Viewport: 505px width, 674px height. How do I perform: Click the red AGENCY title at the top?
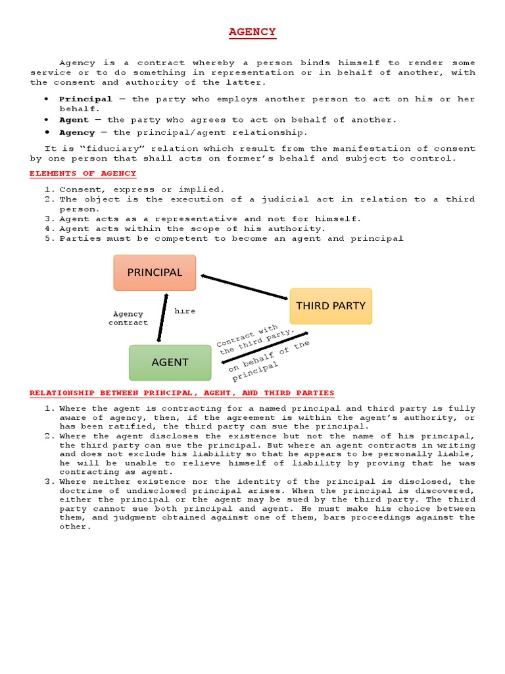pyautogui.click(x=252, y=32)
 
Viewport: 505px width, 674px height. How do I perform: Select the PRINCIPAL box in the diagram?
pyautogui.click(x=155, y=272)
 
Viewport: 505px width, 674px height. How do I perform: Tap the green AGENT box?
pyautogui.click(x=170, y=362)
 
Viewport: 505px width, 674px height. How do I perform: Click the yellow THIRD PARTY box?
pyautogui.click(x=330, y=306)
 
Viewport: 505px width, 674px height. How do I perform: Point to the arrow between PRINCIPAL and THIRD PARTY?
pyautogui.click(x=245, y=288)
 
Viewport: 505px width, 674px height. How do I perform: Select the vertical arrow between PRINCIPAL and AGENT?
pyautogui.click(x=162, y=318)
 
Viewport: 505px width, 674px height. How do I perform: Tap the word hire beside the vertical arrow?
pyautogui.click(x=185, y=311)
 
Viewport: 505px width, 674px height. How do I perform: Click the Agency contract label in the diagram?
pyautogui.click(x=128, y=319)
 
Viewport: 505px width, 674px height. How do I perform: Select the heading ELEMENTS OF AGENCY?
pyautogui.click(x=83, y=174)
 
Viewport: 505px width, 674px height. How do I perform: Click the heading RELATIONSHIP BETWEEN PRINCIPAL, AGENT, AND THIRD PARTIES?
pyautogui.click(x=181, y=393)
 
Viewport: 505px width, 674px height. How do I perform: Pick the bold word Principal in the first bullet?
pyautogui.click(x=85, y=99)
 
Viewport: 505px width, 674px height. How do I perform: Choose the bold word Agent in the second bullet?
pyautogui.click(x=74, y=120)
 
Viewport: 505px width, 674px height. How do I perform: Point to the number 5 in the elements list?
pyautogui.click(x=48, y=238)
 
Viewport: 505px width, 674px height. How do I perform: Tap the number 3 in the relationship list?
pyautogui.click(x=48, y=481)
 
